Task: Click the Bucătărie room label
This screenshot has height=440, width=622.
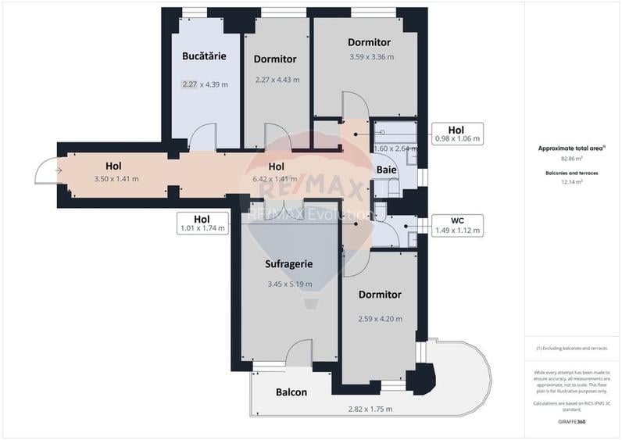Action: pyautogui.click(x=204, y=56)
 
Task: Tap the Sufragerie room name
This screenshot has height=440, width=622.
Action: pyautogui.click(x=289, y=264)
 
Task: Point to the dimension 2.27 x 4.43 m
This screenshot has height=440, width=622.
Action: pyautogui.click(x=277, y=79)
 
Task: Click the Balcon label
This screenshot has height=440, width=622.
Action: pyautogui.click(x=291, y=392)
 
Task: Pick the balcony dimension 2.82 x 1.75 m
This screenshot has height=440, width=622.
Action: pyautogui.click(x=370, y=409)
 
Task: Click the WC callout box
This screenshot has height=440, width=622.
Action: pyautogui.click(x=457, y=225)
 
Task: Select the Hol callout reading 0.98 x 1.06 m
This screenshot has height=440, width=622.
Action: pyautogui.click(x=457, y=134)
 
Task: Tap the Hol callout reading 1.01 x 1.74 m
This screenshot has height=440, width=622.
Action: pyautogui.click(x=202, y=224)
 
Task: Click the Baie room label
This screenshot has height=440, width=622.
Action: pyautogui.click(x=387, y=170)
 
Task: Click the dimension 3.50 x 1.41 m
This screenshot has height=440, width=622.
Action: pyautogui.click(x=116, y=179)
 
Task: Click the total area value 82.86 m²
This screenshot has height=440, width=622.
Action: pyautogui.click(x=572, y=159)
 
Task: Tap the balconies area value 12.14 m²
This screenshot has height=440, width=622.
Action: pyautogui.click(x=572, y=181)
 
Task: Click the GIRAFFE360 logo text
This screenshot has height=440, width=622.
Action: pyautogui.click(x=572, y=422)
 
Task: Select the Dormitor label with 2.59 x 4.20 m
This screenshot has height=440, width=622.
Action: pyautogui.click(x=380, y=295)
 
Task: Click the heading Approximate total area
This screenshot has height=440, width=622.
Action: pyautogui.click(x=572, y=148)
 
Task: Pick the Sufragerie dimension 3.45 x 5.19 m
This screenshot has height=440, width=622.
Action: pyautogui.click(x=289, y=284)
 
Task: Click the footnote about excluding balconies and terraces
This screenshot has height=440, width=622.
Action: pyautogui.click(x=572, y=348)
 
